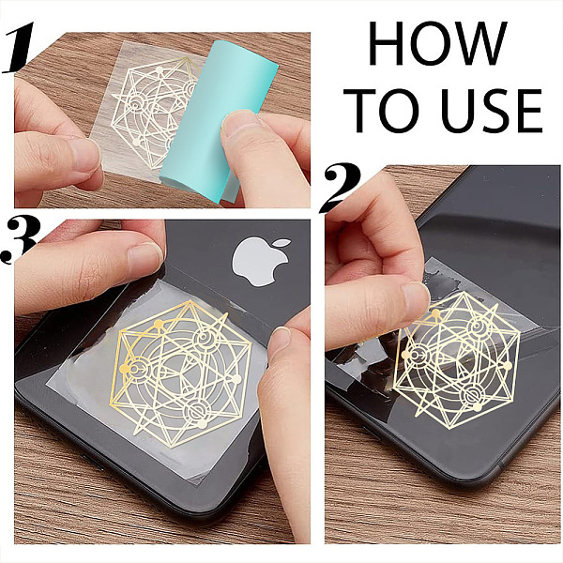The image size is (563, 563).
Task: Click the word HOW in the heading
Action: [437, 43]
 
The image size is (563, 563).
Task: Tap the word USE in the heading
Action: [492, 110]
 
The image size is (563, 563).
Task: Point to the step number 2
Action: [341, 188]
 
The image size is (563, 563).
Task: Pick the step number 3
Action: [20, 241]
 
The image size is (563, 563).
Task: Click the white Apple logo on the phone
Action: [262, 262]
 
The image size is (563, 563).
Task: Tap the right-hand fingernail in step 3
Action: [280, 342]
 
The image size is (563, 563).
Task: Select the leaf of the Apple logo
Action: [281, 244]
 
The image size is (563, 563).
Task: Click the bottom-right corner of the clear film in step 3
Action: [201, 484]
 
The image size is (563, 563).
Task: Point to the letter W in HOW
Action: [478, 43]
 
